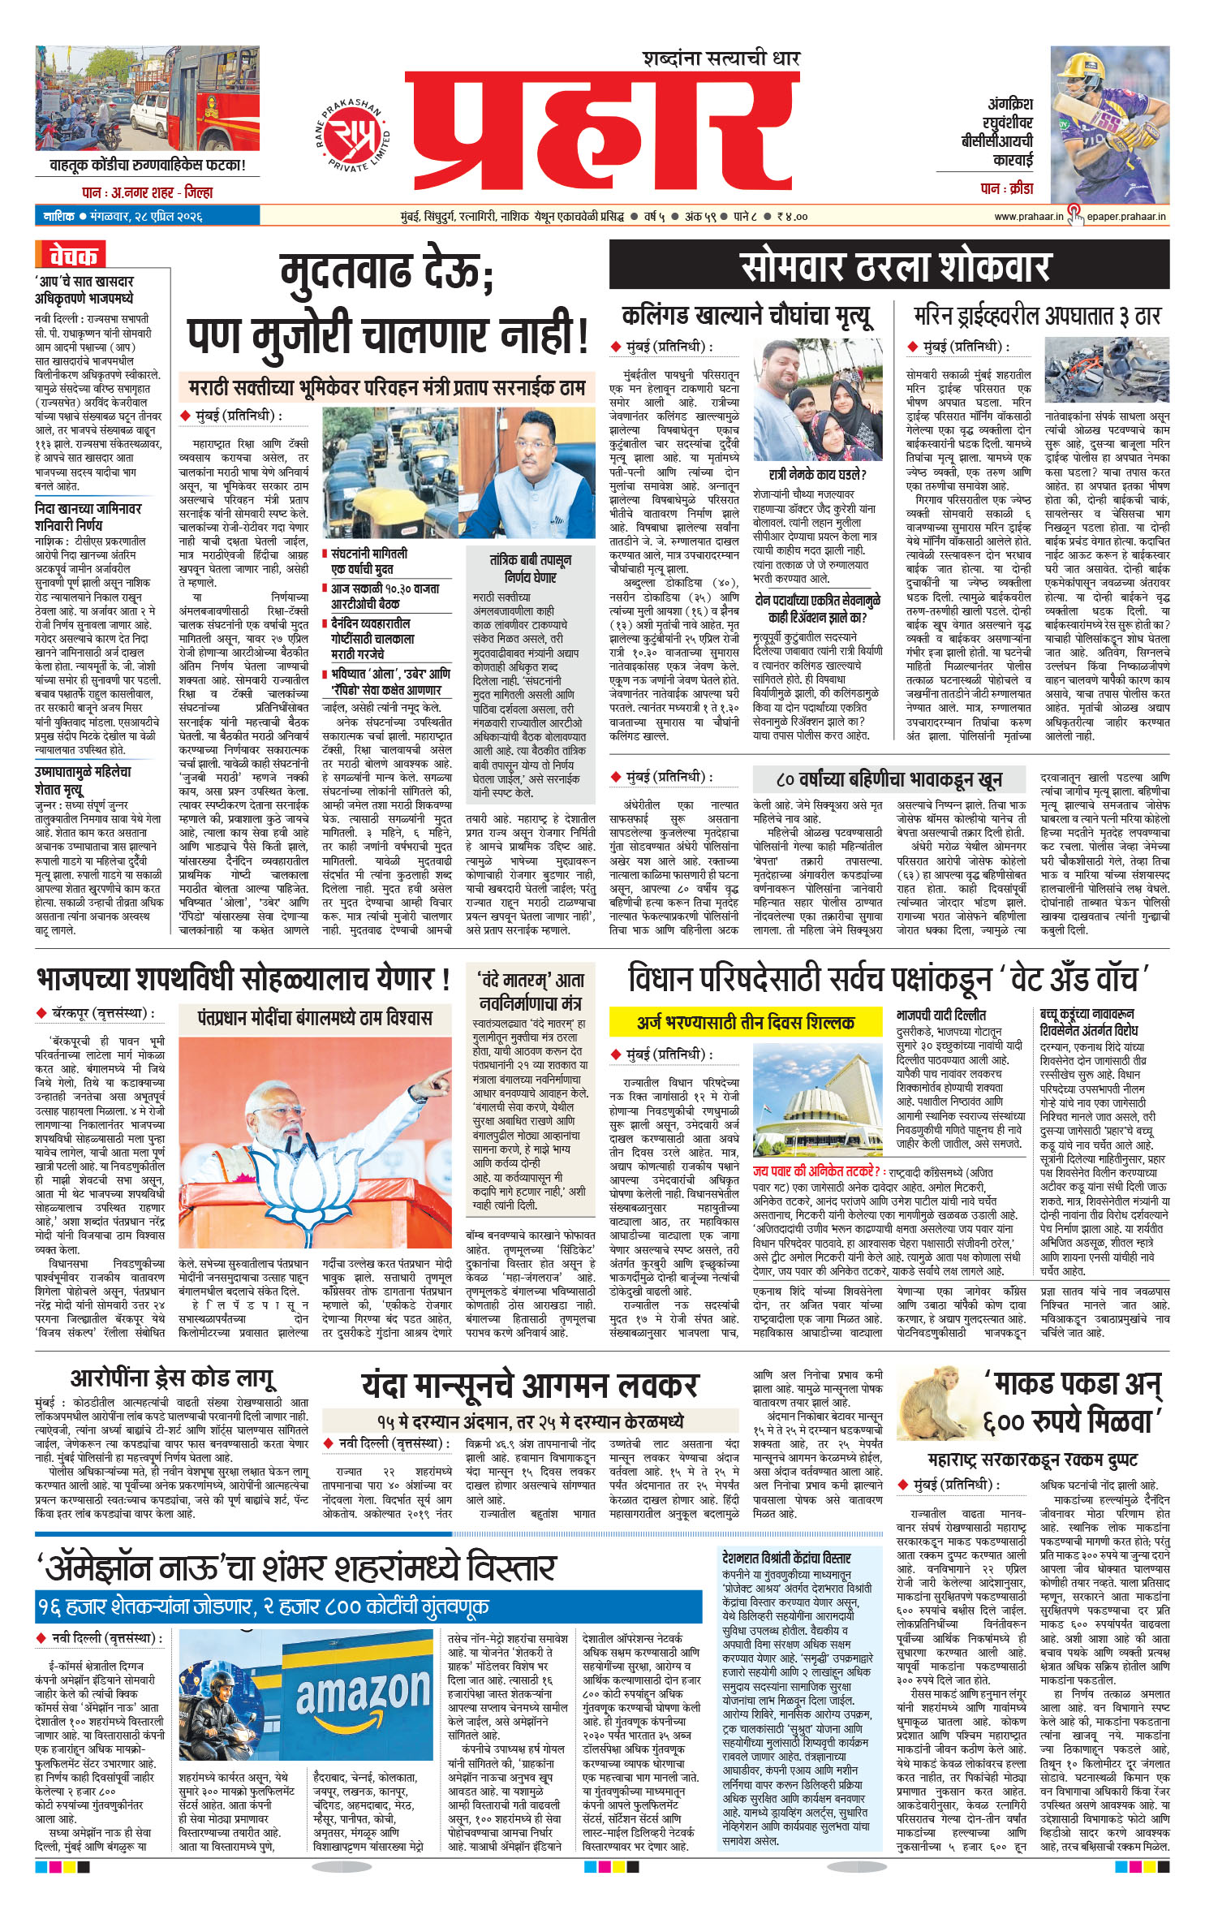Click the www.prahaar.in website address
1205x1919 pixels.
1028,217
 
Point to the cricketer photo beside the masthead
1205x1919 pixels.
1109,125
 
